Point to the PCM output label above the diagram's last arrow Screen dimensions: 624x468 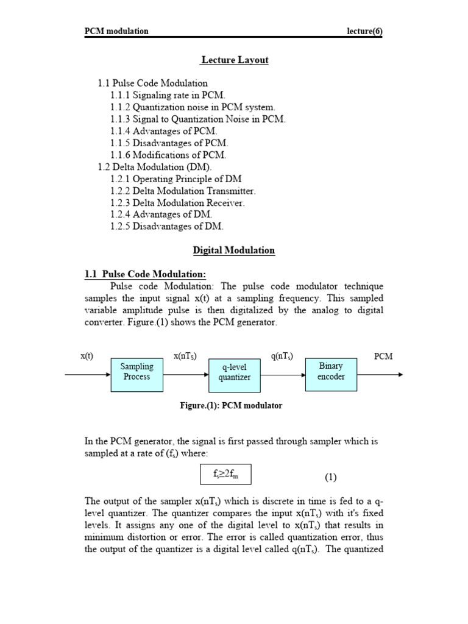[383, 356]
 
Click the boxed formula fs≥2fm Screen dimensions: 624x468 [225, 475]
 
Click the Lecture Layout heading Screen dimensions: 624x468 [235, 60]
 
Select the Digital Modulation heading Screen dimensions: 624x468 [234, 250]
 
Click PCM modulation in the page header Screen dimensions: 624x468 [116, 32]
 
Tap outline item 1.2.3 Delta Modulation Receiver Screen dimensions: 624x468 [177, 202]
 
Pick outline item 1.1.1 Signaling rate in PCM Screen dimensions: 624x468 [168, 95]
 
